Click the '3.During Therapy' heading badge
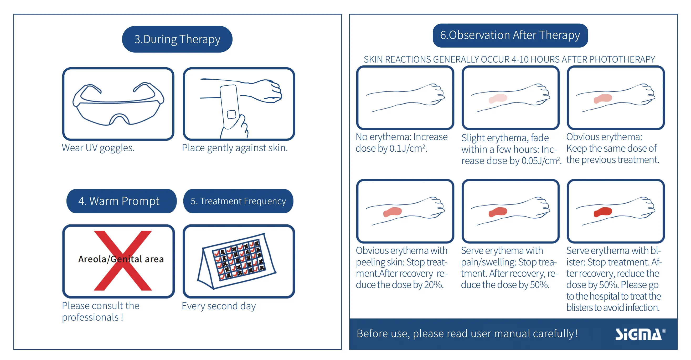[x=177, y=39]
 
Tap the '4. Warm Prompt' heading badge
[x=121, y=201]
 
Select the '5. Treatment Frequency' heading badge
[x=238, y=201]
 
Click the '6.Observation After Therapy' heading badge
[x=510, y=35]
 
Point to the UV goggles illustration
[x=118, y=104]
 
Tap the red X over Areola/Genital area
[x=123, y=260]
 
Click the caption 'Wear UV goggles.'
[x=98, y=148]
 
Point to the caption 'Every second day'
[x=219, y=306]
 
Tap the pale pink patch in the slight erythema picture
[x=498, y=99]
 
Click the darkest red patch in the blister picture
[x=602, y=212]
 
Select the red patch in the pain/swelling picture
[x=498, y=212]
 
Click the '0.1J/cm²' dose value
[x=408, y=148]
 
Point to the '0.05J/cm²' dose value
[x=541, y=161]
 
